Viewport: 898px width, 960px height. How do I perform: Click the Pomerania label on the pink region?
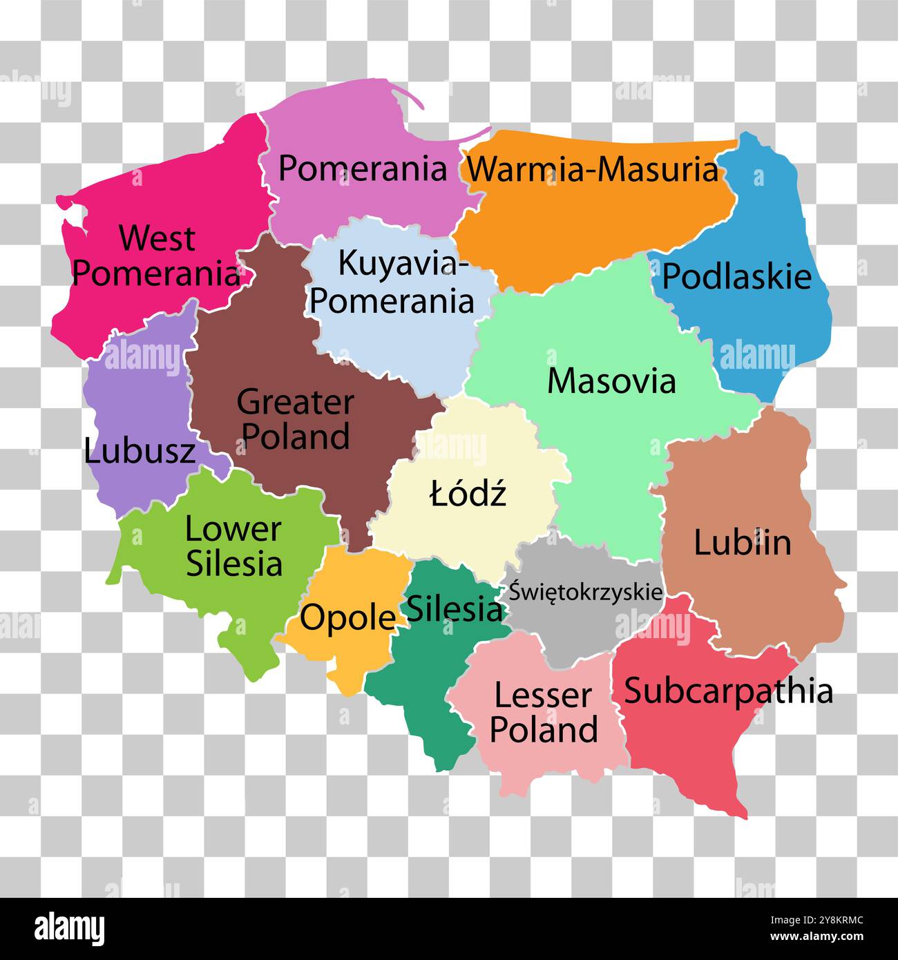(363, 169)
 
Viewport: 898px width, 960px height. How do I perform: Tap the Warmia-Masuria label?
(593, 169)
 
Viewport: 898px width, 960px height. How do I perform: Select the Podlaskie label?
(736, 276)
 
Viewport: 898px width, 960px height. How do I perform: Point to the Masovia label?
(611, 381)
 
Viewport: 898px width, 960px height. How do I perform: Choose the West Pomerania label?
(156, 256)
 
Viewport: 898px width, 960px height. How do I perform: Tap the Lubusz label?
(140, 452)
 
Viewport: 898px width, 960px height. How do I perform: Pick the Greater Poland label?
(296, 419)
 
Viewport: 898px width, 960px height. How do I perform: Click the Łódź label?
(468, 494)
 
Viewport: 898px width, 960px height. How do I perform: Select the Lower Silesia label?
(233, 546)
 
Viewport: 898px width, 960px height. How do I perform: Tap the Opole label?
(347, 617)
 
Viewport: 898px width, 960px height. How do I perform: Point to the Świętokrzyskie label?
(586, 592)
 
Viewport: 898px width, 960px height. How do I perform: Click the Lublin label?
(742, 542)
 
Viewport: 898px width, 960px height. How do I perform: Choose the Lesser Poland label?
(544, 712)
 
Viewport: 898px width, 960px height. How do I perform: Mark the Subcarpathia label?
(728, 691)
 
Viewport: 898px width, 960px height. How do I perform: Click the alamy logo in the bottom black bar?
(70, 929)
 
